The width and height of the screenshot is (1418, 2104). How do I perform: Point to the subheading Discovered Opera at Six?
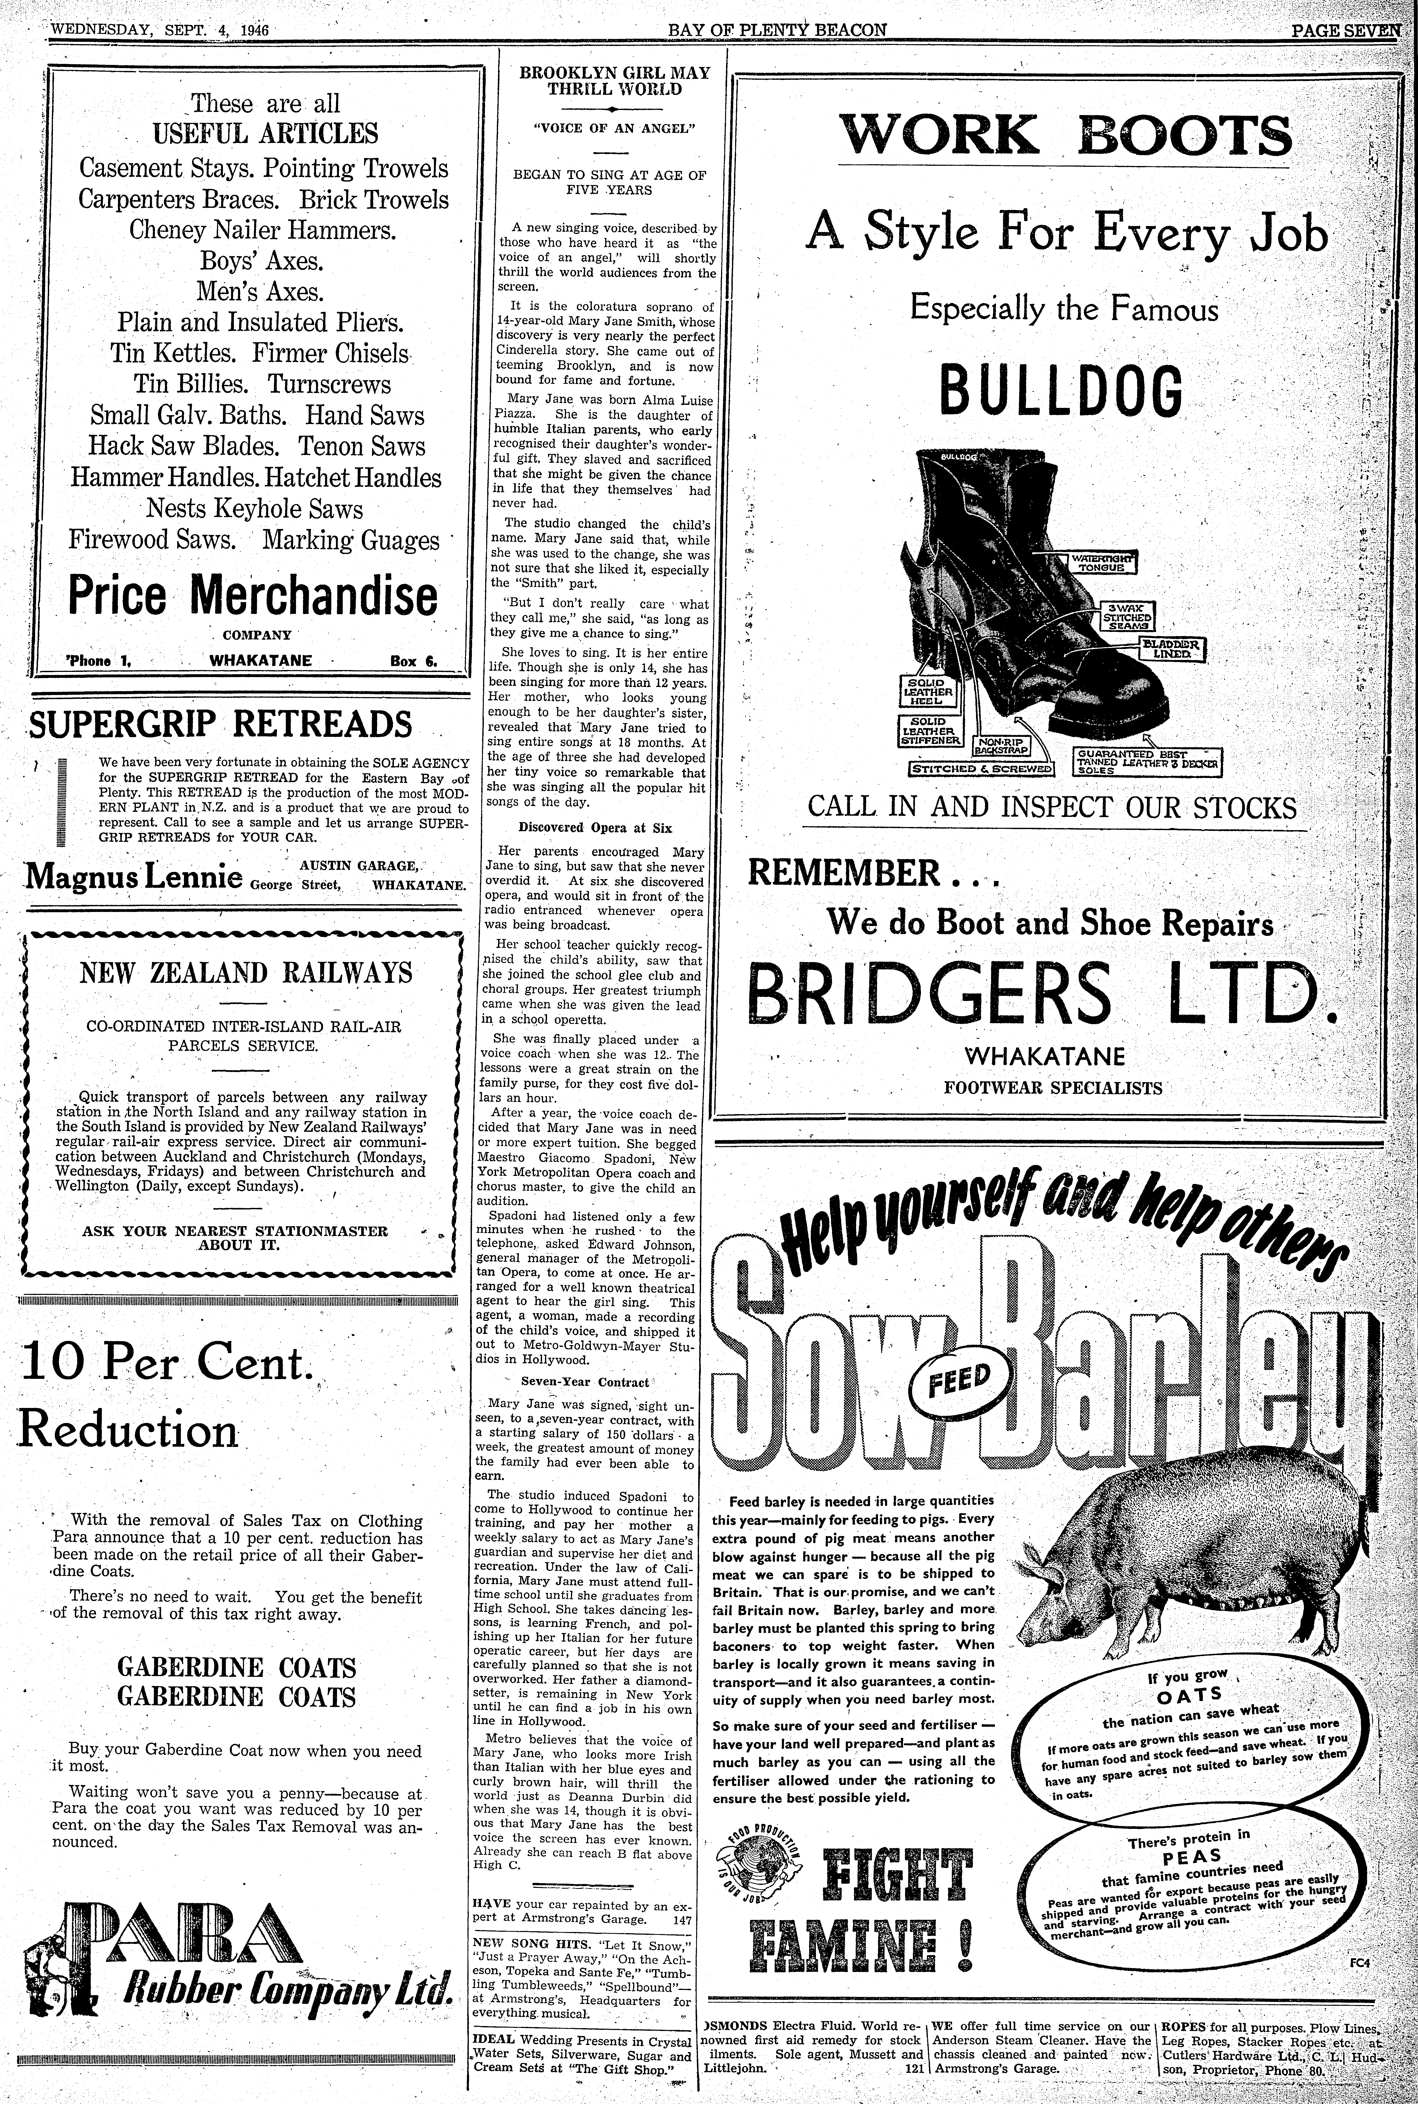click(x=595, y=827)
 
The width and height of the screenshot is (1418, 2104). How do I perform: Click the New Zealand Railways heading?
click(x=246, y=973)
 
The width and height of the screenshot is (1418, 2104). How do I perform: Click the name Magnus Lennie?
click(x=134, y=875)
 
